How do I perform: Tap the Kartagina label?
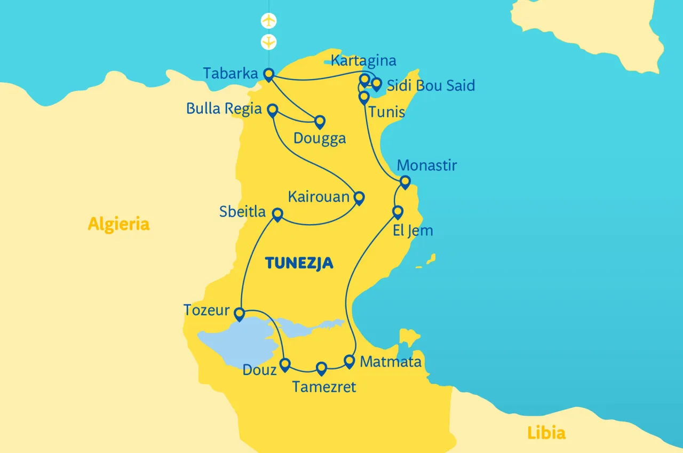click(363, 60)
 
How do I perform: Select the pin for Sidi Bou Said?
click(377, 84)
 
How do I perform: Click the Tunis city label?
click(386, 112)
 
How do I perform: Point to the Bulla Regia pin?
click(272, 110)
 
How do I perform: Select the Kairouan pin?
click(359, 198)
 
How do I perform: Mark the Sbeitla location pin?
click(277, 214)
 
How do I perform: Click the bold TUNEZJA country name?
click(299, 263)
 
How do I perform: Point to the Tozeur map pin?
click(240, 313)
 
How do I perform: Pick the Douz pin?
click(285, 364)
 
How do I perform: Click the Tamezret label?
click(324, 387)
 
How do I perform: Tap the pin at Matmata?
click(350, 361)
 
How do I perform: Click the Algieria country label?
click(118, 224)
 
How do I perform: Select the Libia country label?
click(546, 433)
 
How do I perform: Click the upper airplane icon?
click(269, 21)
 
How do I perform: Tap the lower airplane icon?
click(269, 41)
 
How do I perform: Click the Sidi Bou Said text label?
click(431, 85)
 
